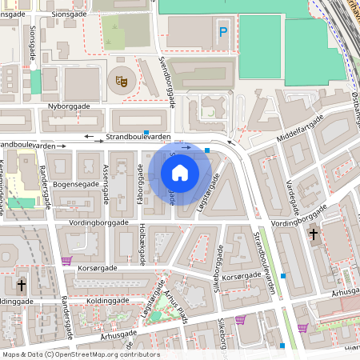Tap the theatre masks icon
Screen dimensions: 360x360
[x=121, y=80]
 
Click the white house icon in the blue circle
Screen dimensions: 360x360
[x=180, y=172]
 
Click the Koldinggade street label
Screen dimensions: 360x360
[x=16, y=301]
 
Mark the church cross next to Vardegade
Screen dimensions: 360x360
[x=314, y=234]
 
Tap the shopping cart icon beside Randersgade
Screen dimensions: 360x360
[x=66, y=261]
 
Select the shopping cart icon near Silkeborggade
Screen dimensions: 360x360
[x=240, y=320]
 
